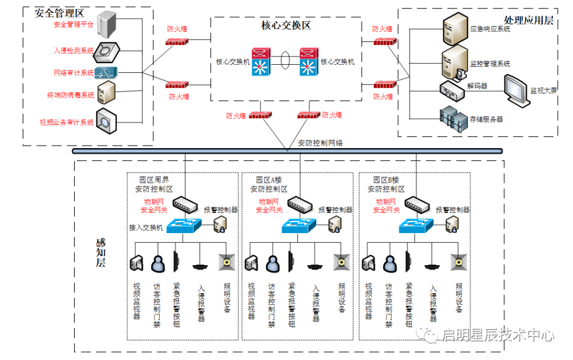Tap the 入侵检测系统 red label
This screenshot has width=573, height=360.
click(x=74, y=51)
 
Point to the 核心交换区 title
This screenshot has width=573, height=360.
click(x=286, y=25)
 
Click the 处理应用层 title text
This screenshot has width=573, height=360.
click(x=528, y=20)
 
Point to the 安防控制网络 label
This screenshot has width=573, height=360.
click(x=320, y=143)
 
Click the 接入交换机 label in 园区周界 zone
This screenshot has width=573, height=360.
click(x=146, y=227)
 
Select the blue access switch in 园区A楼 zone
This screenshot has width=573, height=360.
click(x=300, y=225)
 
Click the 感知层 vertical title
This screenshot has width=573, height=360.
click(x=101, y=253)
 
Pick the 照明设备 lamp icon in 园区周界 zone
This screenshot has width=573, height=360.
click(x=227, y=262)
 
